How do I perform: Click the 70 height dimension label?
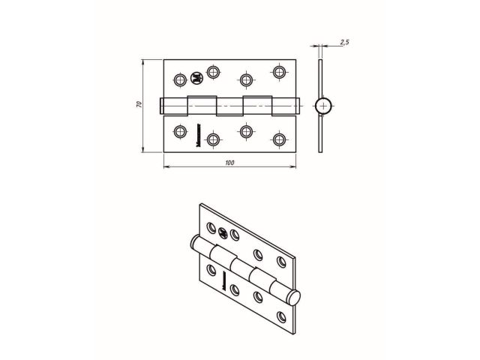139,106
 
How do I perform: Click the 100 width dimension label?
229,163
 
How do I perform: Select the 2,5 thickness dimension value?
343,43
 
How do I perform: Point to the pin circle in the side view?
322,105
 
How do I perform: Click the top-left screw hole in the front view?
179,79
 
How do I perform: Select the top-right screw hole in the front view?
280,72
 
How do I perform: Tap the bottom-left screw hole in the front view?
179,132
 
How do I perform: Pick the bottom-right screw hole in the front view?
280,139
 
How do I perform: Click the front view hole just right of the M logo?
214,72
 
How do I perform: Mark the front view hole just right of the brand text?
214,139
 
